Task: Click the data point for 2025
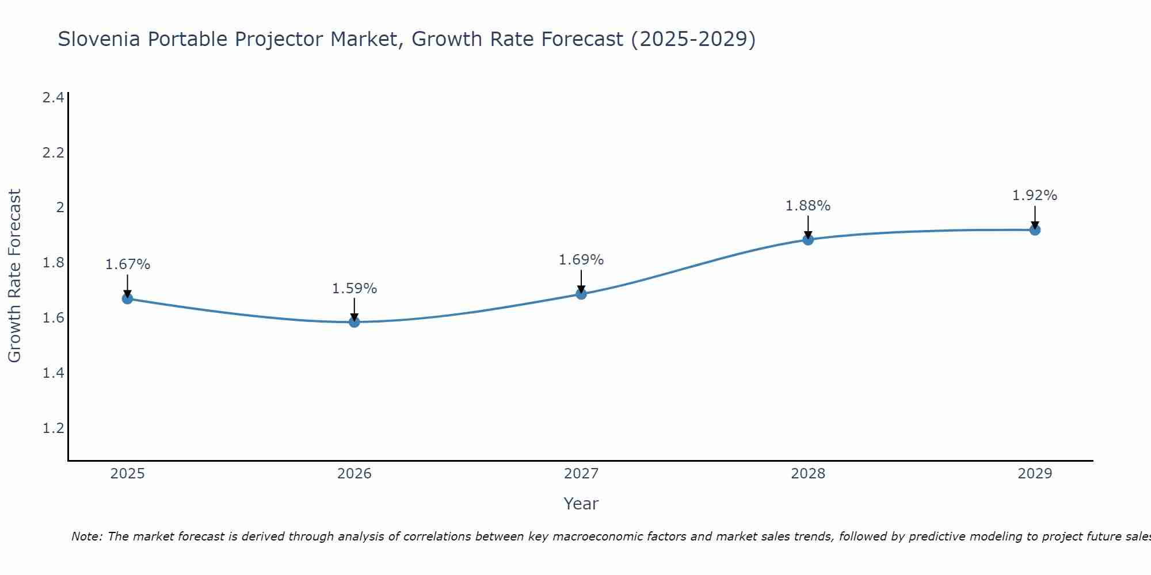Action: pos(128,298)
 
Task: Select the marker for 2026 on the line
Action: pos(355,322)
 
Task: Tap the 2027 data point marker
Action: pos(581,294)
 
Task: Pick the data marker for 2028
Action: pos(808,239)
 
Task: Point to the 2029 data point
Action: pos(1035,230)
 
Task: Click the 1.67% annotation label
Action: pos(128,264)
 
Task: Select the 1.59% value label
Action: pos(355,289)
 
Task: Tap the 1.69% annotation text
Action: pos(581,260)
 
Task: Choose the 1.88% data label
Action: pos(808,206)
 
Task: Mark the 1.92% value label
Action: pos(1035,195)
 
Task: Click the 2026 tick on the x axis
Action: pos(355,474)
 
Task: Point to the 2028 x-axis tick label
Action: pos(808,474)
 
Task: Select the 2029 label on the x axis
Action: pos(1035,474)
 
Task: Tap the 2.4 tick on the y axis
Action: pos(54,98)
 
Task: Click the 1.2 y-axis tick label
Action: pos(54,428)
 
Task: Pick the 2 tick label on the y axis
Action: pos(60,208)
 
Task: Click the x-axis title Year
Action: pos(581,504)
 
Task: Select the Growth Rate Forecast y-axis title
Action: pos(15,276)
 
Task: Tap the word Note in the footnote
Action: pos(86,536)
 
